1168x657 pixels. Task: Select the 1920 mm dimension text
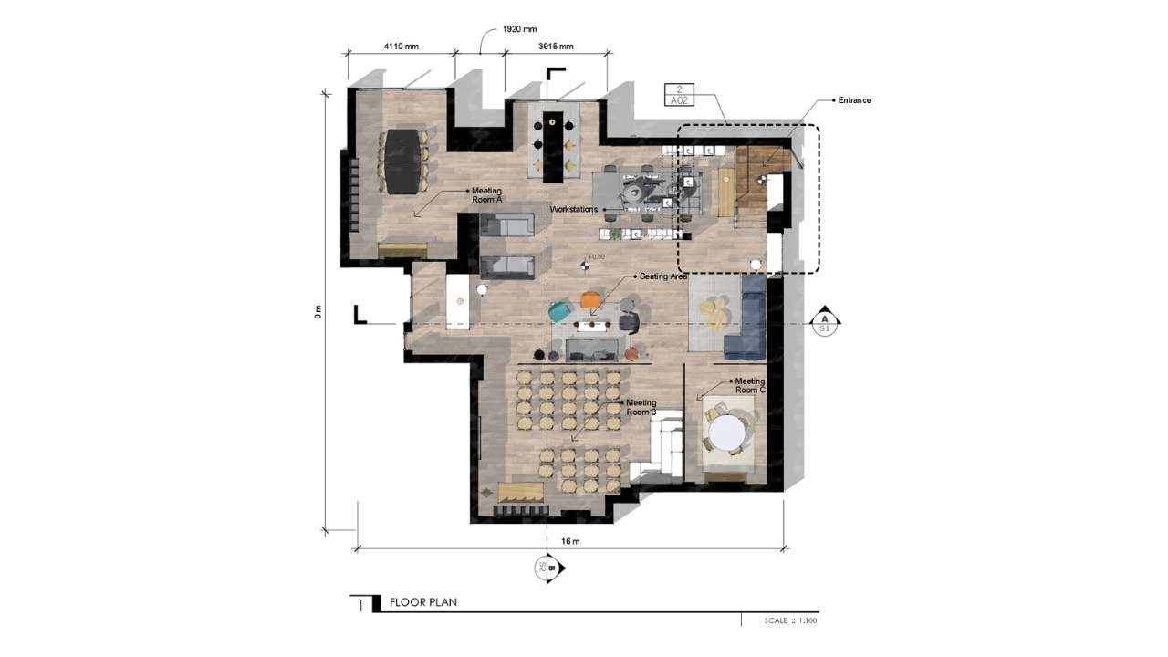click(x=519, y=29)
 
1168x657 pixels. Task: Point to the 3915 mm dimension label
click(x=555, y=46)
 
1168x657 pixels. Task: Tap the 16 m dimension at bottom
click(x=570, y=541)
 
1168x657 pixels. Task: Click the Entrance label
click(x=854, y=100)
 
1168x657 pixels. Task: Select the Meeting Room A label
click(x=486, y=194)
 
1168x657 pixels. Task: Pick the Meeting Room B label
click(x=641, y=407)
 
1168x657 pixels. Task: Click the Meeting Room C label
click(x=749, y=385)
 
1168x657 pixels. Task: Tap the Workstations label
click(x=573, y=210)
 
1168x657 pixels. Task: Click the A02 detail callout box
click(x=679, y=96)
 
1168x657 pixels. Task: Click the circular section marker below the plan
click(x=547, y=568)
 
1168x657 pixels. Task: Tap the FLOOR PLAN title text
click(x=422, y=602)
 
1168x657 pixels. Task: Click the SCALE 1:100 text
click(x=791, y=620)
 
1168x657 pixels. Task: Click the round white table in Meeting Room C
click(x=725, y=433)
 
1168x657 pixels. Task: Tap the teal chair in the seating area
click(x=558, y=312)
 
